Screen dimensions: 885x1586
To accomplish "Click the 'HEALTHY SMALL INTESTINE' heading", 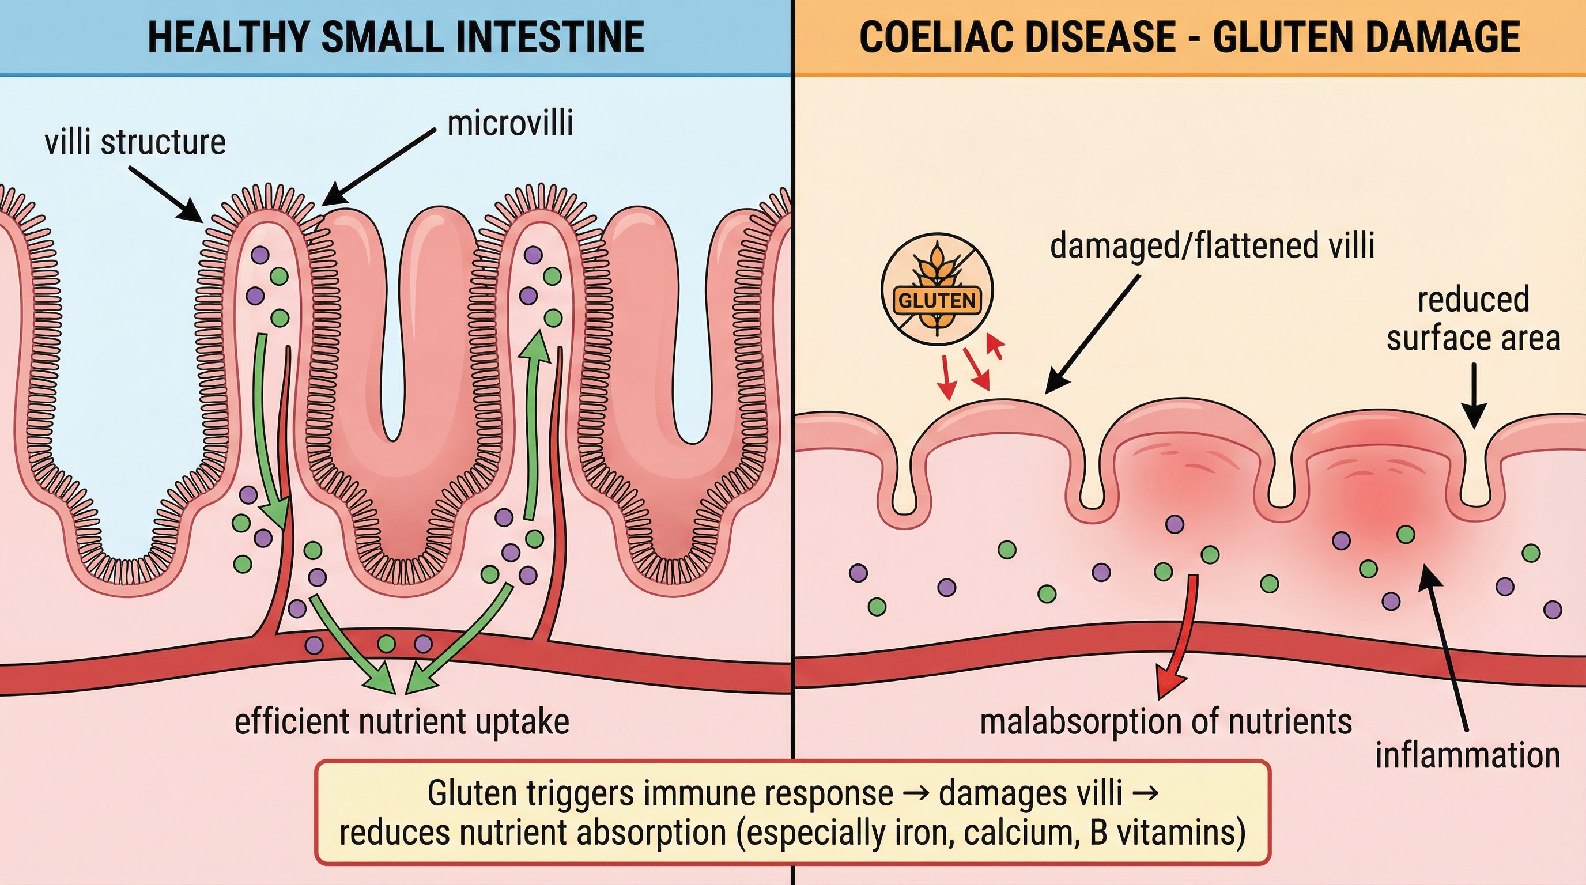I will (x=396, y=37).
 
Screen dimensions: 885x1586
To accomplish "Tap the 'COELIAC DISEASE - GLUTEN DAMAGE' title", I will (x=1189, y=37).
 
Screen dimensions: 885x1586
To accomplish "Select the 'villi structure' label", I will (x=135, y=142).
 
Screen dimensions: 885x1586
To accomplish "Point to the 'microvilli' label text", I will (x=510, y=123).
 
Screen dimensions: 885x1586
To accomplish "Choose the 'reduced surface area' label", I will (x=1473, y=319).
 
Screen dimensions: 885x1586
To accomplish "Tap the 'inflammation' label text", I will (x=1468, y=755).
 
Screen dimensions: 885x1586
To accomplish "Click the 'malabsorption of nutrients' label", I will (x=1165, y=721).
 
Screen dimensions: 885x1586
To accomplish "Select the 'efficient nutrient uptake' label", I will (x=402, y=721).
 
